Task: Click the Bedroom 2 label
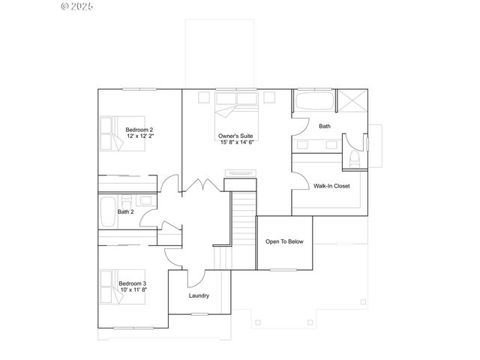[139, 130]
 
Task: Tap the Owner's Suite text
[236, 136]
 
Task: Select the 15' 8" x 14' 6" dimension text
[236, 142]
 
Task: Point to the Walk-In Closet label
[331, 185]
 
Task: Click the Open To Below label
[285, 241]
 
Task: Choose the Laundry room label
[199, 295]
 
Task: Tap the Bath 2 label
[125, 211]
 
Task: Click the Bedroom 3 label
[133, 283]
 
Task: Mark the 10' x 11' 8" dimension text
[133, 289]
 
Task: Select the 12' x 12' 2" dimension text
[139, 136]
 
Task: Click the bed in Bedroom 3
[110, 285]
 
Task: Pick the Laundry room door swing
[193, 277]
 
